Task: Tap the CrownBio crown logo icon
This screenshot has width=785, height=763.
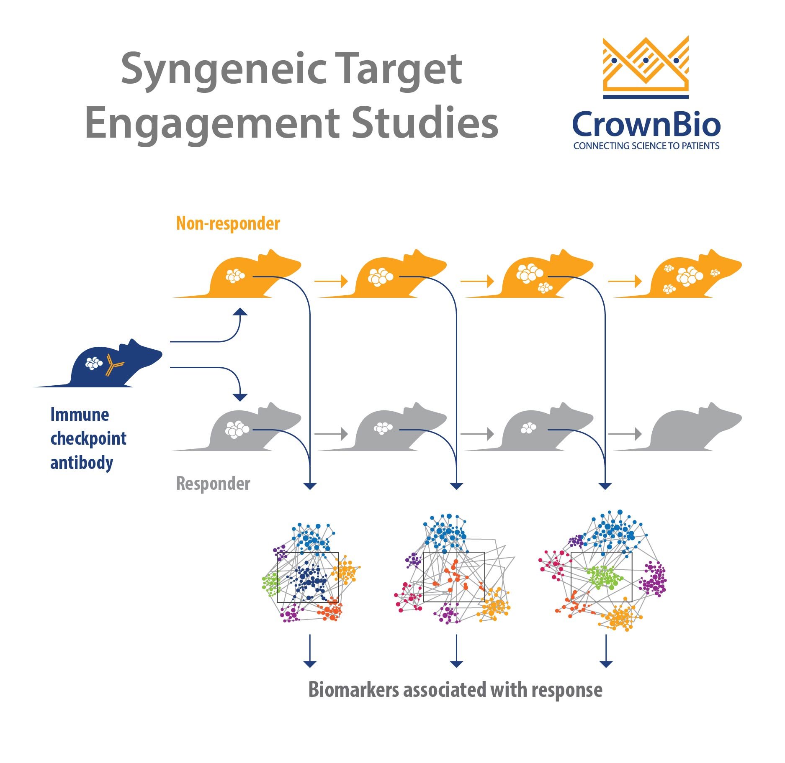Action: click(x=646, y=67)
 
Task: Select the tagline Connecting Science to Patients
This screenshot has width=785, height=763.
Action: click(x=646, y=146)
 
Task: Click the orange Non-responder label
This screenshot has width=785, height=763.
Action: click(x=228, y=223)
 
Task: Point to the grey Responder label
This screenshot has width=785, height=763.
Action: click(x=213, y=484)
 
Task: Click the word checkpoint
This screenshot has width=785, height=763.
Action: click(x=88, y=439)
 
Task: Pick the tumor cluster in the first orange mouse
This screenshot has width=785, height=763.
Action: click(x=235, y=276)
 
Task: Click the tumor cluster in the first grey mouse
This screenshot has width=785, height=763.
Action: click(x=237, y=429)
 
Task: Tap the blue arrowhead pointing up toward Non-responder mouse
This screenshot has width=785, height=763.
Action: click(x=240, y=312)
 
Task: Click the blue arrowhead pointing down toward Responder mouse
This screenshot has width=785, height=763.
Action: click(x=240, y=397)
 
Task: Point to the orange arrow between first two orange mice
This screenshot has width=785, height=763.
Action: click(x=331, y=281)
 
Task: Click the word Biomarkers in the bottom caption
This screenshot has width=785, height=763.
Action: click(x=353, y=690)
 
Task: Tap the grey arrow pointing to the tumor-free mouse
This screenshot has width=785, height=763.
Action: click(x=625, y=434)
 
